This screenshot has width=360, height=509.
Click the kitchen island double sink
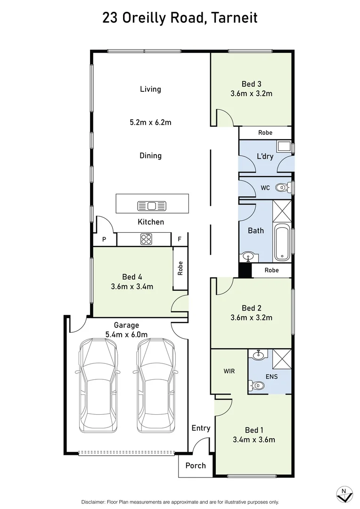coord(147,205)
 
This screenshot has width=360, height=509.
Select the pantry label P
coord(104,239)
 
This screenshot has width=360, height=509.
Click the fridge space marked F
coord(180,239)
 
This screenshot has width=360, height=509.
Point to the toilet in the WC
coord(282,188)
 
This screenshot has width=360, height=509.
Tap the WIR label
coord(229,371)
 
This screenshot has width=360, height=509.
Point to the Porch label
coord(196,465)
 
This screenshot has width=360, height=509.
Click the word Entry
coord(201,428)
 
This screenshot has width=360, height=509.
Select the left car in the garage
coord(98,385)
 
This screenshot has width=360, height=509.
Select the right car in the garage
coord(156,385)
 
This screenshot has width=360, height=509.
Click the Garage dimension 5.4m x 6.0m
coord(126,335)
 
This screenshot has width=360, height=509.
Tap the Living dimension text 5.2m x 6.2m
coord(150,123)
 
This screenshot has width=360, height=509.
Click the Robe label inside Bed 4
coord(180,268)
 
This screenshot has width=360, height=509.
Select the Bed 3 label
coord(251,84)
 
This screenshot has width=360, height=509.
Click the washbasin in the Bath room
coord(248,257)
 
